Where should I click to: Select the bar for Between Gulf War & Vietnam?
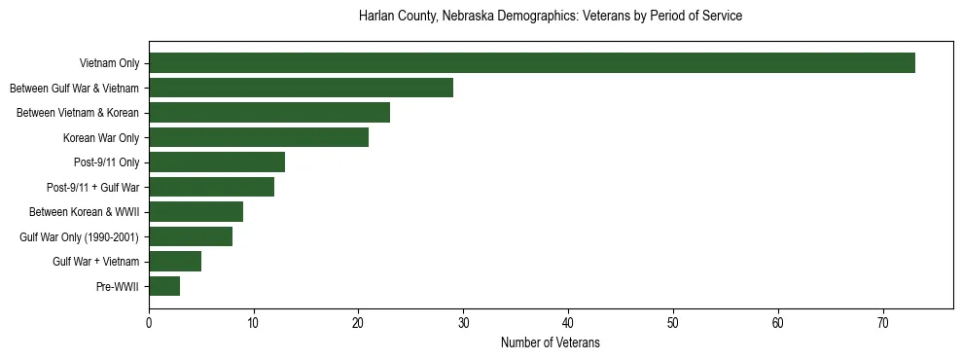tap(301, 88)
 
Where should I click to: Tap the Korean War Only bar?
tap(259, 137)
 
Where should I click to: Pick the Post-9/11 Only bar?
tap(217, 162)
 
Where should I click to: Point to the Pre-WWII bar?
tap(164, 286)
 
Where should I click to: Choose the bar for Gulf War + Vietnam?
tap(175, 261)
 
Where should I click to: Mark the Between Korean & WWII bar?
tap(196, 211)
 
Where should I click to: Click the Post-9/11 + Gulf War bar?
tap(211, 187)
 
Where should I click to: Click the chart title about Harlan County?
tap(551, 17)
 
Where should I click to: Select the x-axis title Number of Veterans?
tap(551, 343)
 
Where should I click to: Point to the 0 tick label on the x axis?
tap(149, 322)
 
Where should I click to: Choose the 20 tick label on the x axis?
tap(359, 322)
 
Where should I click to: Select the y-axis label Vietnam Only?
tap(109, 64)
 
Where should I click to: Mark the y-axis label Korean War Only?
tap(101, 138)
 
